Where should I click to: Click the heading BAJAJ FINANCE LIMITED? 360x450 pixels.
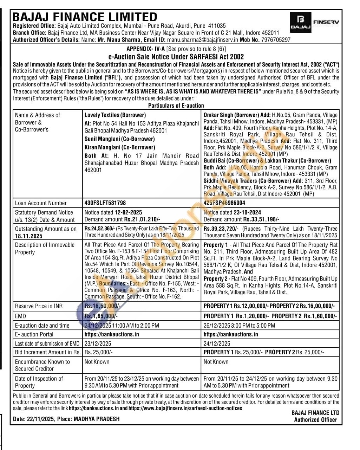tap(85, 17)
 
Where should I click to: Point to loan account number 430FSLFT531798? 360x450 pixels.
tap(105, 203)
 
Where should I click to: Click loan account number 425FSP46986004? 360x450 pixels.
tap(224, 203)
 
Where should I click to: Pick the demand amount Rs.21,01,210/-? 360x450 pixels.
tap(142, 219)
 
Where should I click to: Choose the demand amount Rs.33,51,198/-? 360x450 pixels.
tap(261, 219)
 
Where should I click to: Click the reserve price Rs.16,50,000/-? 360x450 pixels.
tap(102, 306)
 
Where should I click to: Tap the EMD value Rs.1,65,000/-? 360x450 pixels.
tap(101, 316)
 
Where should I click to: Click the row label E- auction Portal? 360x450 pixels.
tap(34, 334)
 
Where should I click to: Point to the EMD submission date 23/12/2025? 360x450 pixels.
tap(98, 343)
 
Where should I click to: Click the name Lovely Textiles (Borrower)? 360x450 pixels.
tap(115, 115)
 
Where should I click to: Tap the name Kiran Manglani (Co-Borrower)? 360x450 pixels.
tap(119, 147)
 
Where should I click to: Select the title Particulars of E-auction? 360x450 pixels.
tap(176, 105)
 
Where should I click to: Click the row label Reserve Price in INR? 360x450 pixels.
tap(39, 306)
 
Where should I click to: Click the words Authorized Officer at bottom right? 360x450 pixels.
tap(315, 419)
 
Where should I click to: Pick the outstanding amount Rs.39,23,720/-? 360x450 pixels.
tap(221, 229)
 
